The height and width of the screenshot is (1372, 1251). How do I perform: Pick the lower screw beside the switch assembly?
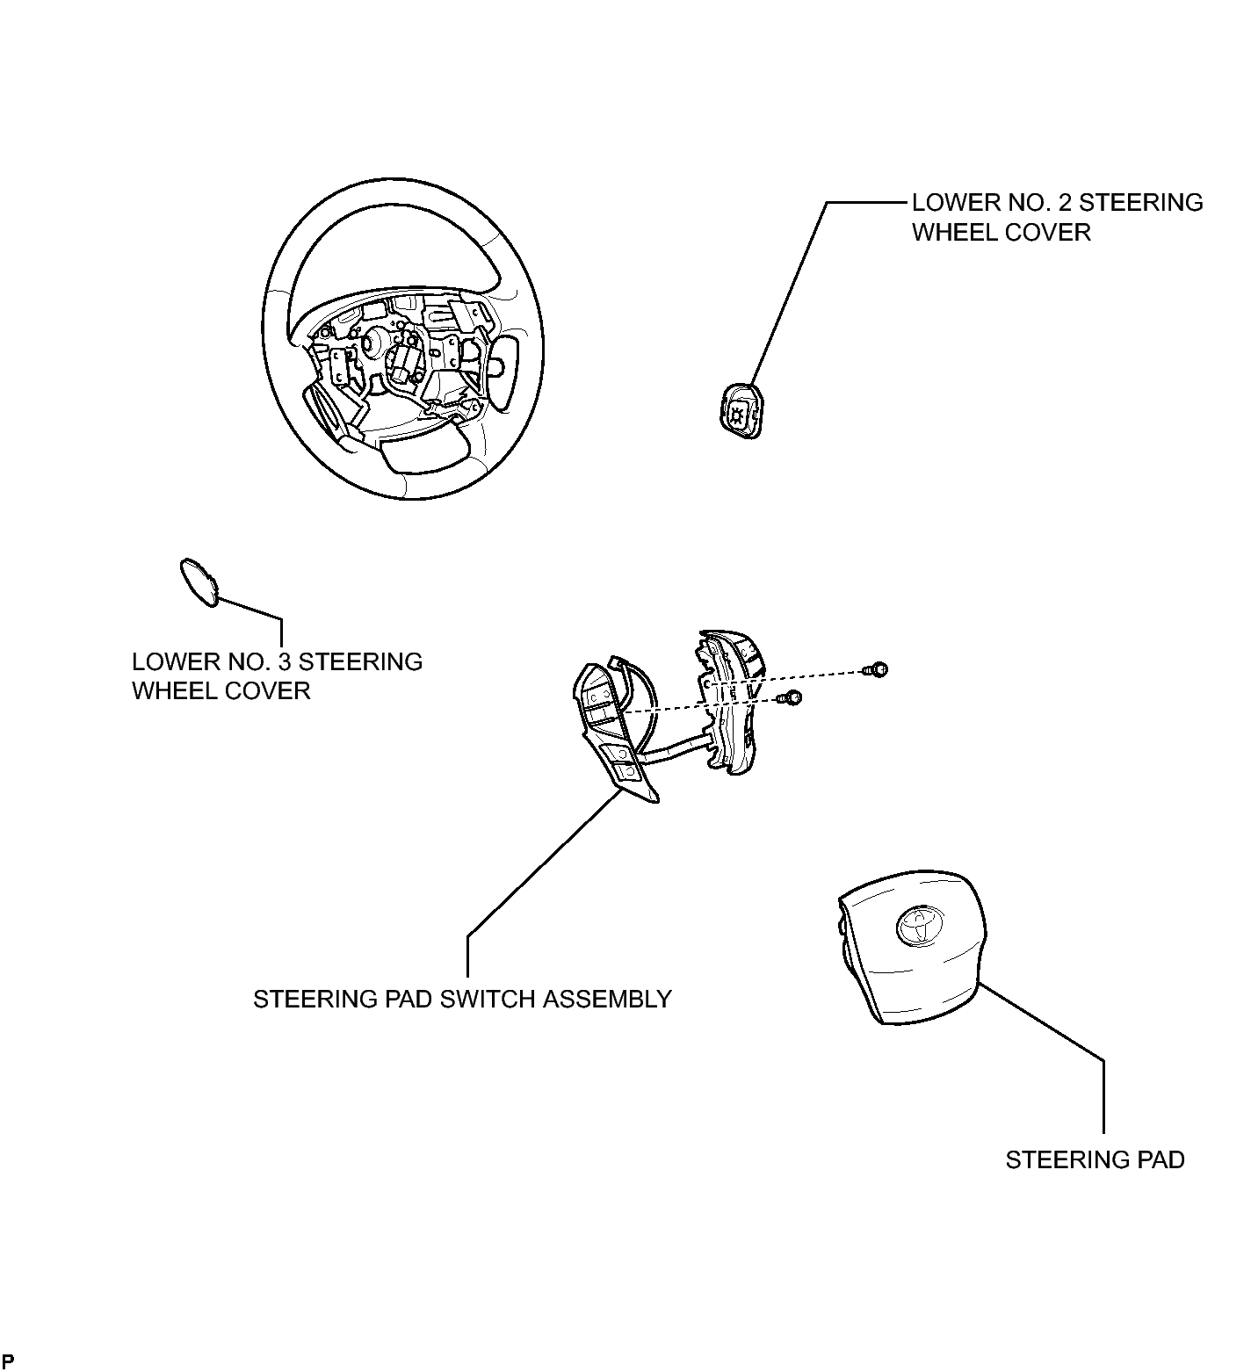[792, 699]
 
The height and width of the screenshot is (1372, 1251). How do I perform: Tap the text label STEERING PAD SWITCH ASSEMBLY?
[462, 999]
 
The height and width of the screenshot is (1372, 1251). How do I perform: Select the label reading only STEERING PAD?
[1095, 1159]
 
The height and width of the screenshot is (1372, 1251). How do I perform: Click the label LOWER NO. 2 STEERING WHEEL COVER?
[1057, 217]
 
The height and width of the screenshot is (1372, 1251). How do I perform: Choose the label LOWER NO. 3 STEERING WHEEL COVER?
[277, 675]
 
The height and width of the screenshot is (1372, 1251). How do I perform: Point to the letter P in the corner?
[8, 1361]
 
